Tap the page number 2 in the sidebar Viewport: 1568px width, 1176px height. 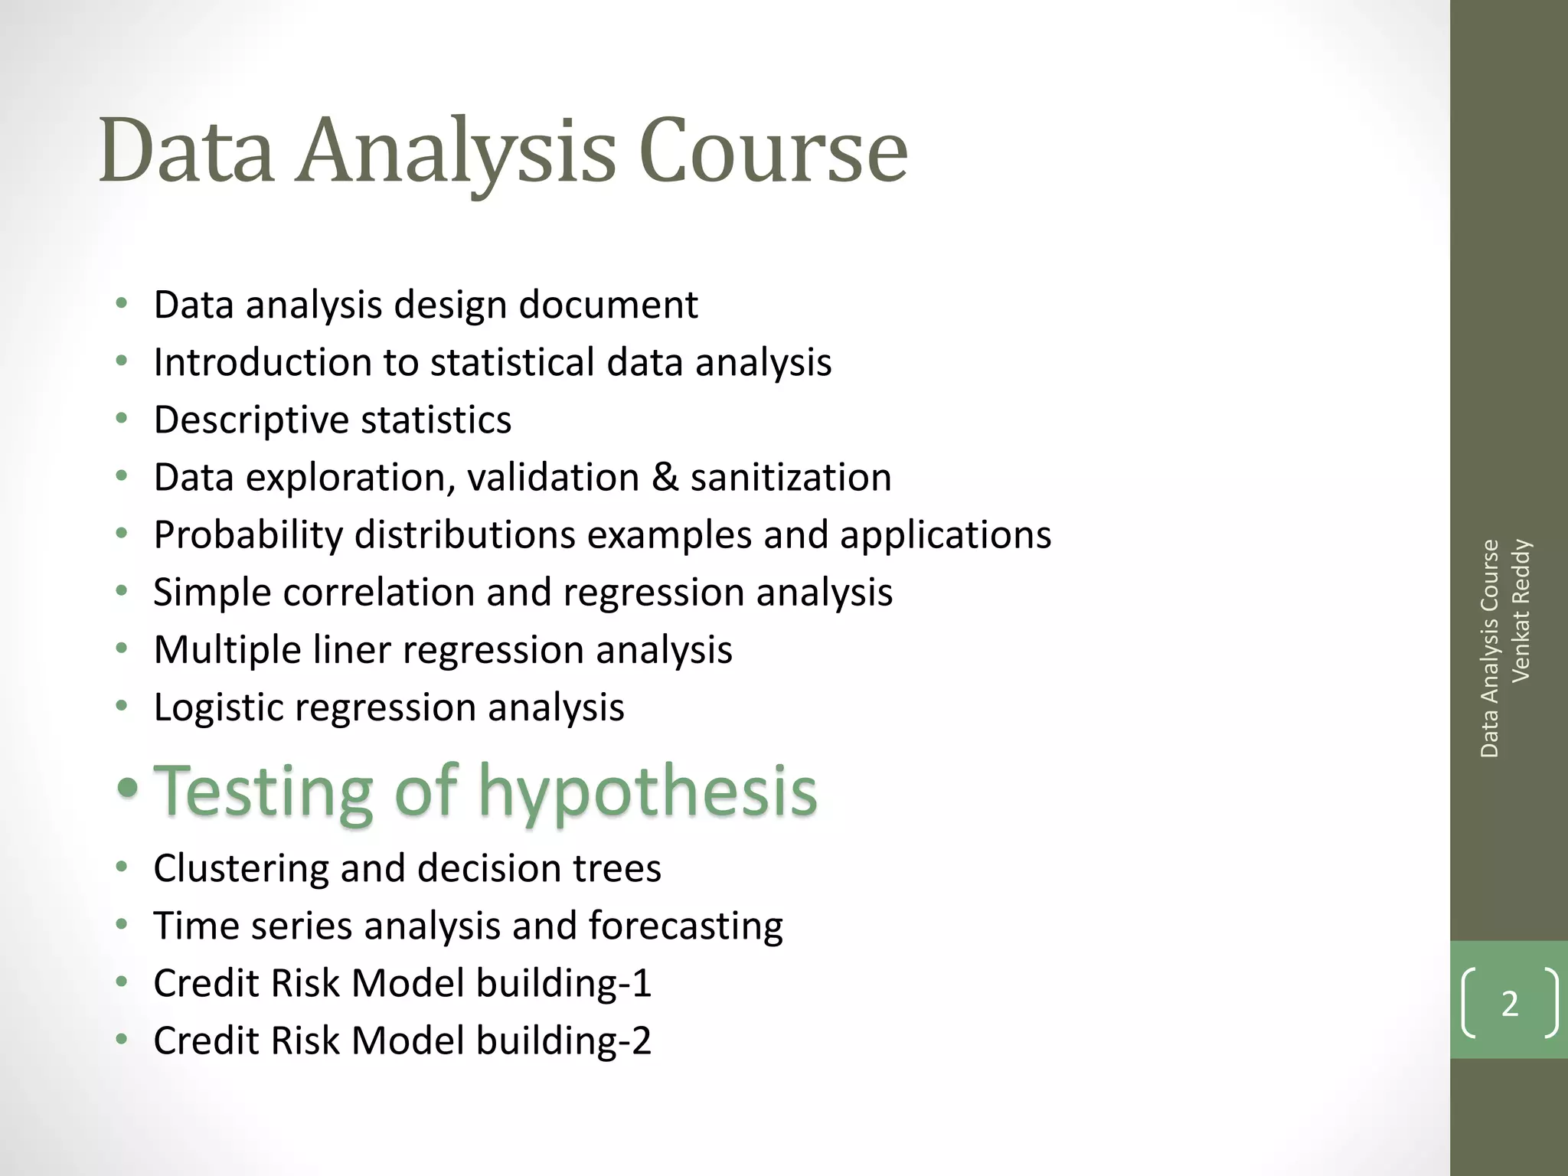[x=1509, y=1004]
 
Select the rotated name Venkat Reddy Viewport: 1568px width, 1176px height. [x=1521, y=610]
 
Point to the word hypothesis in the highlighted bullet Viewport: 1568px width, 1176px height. [x=648, y=792]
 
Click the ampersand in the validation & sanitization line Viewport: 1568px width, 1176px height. [x=665, y=478]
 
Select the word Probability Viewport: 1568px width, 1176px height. [x=248, y=535]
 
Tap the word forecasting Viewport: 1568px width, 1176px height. [x=685, y=926]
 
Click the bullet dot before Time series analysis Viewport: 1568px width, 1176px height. [x=121, y=925]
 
